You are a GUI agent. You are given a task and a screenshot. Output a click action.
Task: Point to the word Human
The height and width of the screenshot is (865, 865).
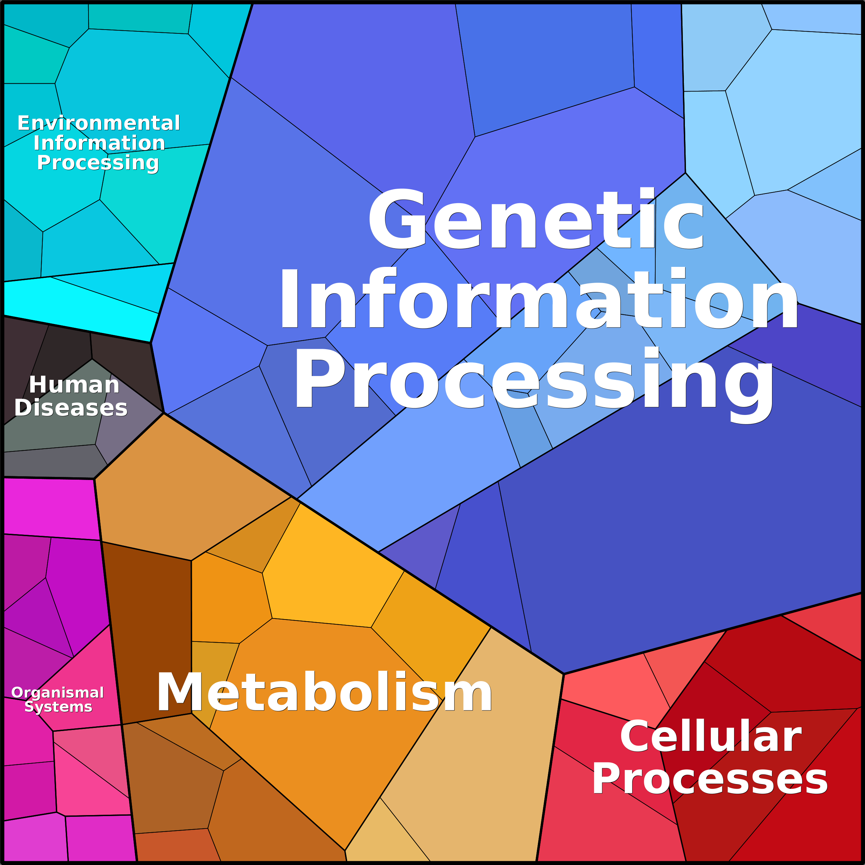tap(74, 385)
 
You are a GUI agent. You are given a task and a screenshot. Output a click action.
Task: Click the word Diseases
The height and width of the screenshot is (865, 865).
tap(71, 408)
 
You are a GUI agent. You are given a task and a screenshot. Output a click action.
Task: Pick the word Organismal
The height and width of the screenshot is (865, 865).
tap(58, 692)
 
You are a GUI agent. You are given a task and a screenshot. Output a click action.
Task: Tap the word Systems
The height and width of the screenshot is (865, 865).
tap(58, 707)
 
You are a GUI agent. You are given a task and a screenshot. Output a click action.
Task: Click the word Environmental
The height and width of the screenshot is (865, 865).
tap(98, 123)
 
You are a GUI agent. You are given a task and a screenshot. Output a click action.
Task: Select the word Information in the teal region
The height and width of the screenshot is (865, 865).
tap(99, 143)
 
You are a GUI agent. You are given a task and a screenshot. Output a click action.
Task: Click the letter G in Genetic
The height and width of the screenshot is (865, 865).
tap(397, 219)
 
